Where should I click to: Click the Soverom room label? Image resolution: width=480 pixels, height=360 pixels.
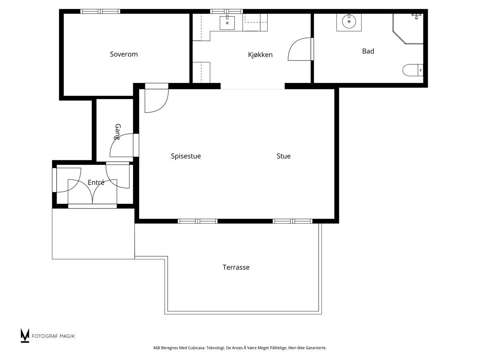pyautogui.click(x=124, y=54)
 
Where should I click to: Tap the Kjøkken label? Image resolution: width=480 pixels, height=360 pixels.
pyautogui.click(x=260, y=55)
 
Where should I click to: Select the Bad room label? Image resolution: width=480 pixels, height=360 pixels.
pyautogui.click(x=368, y=51)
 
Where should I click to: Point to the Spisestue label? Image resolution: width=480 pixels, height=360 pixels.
pyautogui.click(x=186, y=156)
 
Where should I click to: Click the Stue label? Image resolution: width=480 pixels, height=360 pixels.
pyautogui.click(x=283, y=156)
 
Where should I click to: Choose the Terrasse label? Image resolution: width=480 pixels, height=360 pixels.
pyautogui.click(x=236, y=268)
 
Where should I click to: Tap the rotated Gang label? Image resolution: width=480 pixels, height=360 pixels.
pyautogui.click(x=117, y=132)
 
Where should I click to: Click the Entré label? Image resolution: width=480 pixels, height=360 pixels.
pyautogui.click(x=96, y=182)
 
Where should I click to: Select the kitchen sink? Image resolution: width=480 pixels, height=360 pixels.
pyautogui.click(x=227, y=22)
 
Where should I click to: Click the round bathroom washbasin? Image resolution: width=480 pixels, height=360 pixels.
pyautogui.click(x=349, y=22)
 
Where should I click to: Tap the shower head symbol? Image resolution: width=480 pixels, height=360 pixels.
pyautogui.click(x=416, y=15)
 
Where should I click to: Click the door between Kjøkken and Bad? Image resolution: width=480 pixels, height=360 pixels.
pyautogui.click(x=300, y=49)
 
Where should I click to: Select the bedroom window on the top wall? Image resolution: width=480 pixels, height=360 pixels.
pyautogui.click(x=100, y=11)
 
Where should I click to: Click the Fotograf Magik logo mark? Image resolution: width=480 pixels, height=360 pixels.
pyautogui.click(x=25, y=335)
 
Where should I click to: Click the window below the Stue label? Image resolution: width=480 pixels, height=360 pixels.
pyautogui.click(x=293, y=221)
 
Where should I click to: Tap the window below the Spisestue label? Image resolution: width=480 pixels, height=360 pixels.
pyautogui.click(x=197, y=221)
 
